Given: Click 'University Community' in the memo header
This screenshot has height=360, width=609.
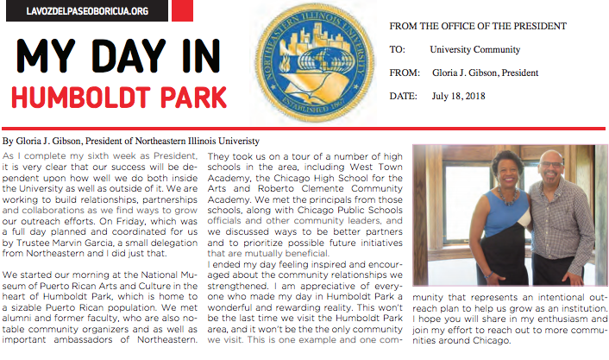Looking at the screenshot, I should [x=474, y=50].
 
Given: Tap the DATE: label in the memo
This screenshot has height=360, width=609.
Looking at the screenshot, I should [x=403, y=96].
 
